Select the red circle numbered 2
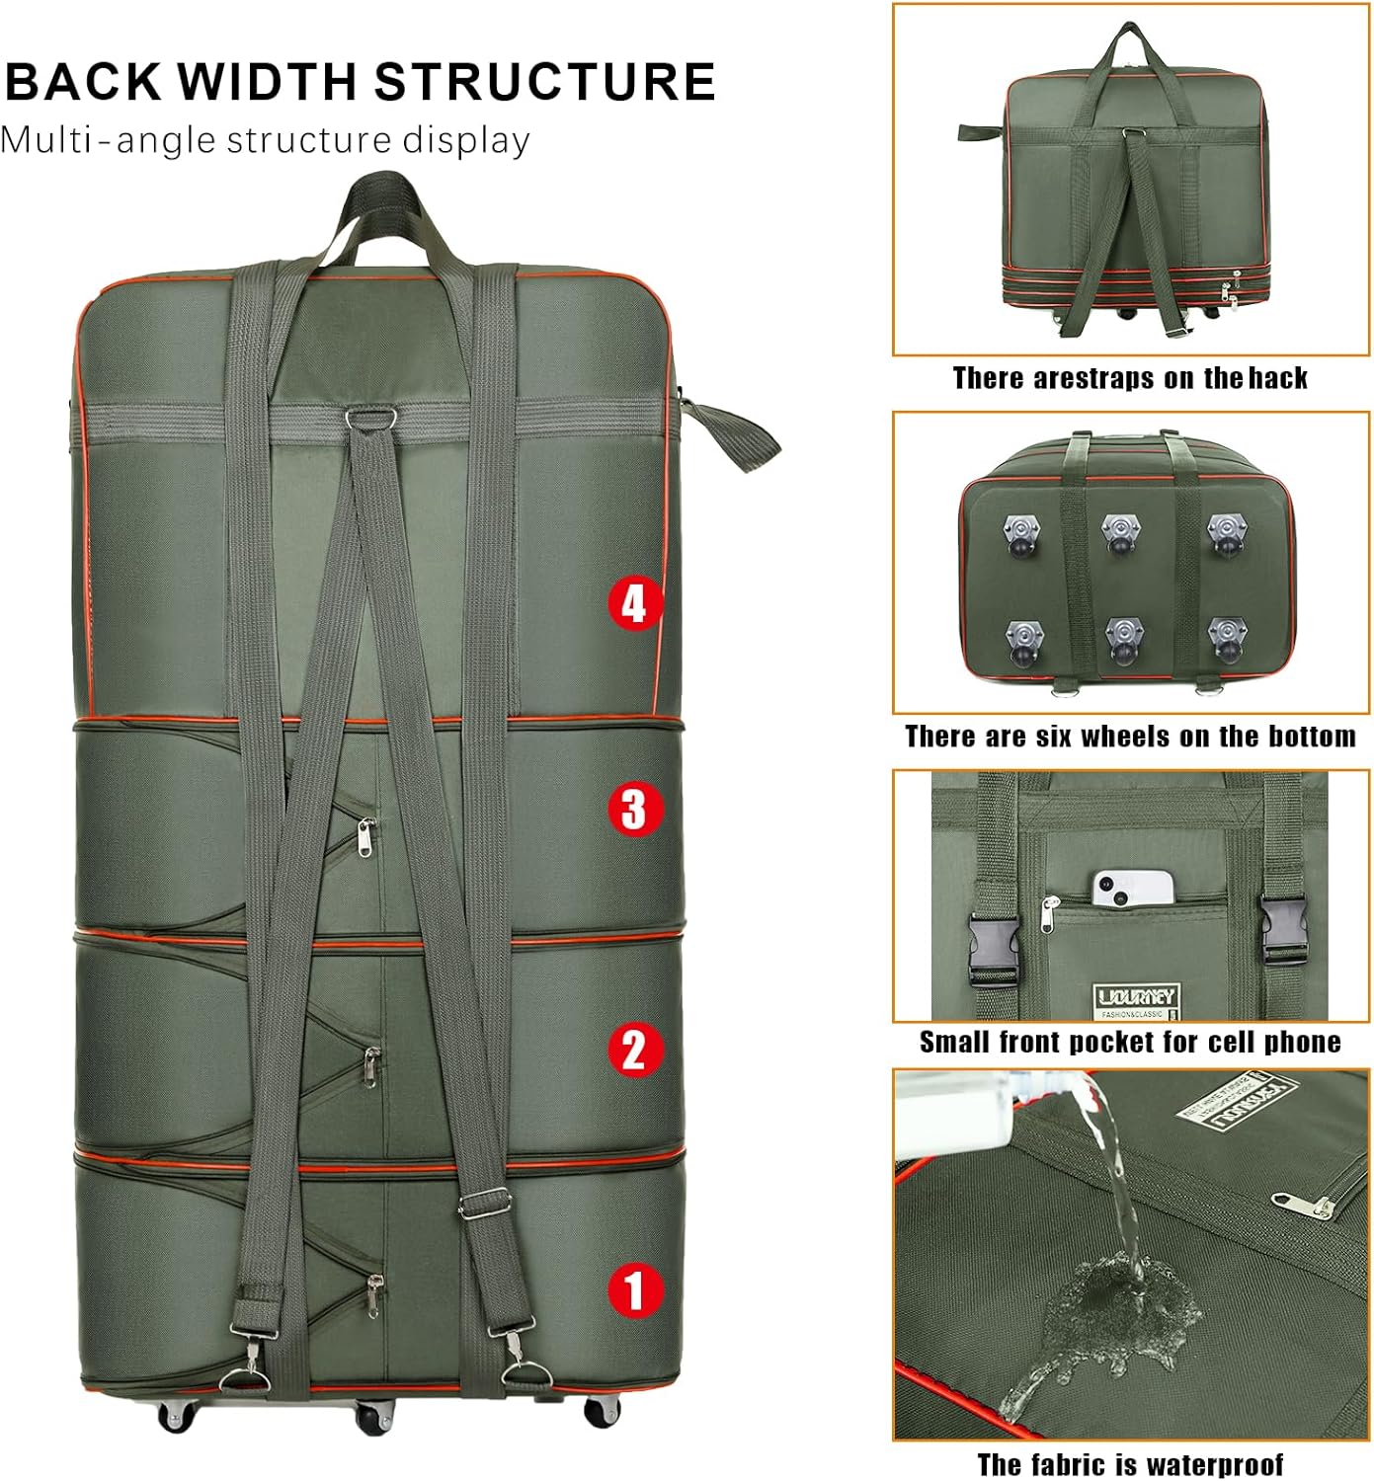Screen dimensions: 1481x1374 point(633,1050)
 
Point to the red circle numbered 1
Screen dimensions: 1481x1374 point(633,1289)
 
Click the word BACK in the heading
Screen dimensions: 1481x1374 point(83,82)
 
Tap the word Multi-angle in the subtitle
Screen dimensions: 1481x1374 point(107,141)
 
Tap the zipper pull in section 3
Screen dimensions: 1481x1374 point(365,837)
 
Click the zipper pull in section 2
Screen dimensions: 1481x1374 point(370,1065)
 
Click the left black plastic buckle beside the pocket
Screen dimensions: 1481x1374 point(992,947)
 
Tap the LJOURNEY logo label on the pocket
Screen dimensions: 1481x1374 point(1134,997)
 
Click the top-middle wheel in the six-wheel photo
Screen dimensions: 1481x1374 point(1121,532)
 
